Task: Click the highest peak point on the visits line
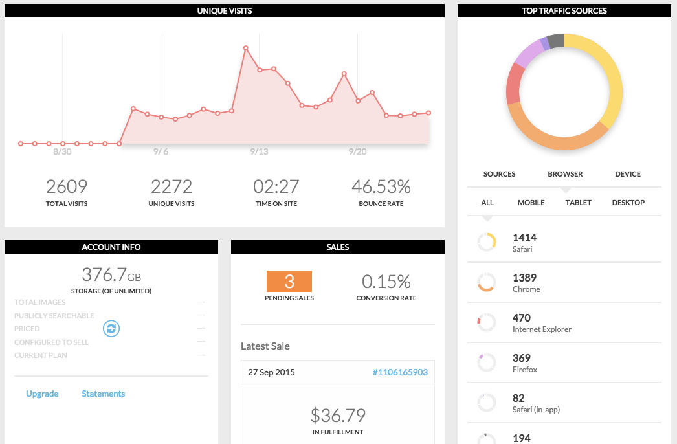[246, 48]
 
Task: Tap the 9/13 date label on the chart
[259, 151]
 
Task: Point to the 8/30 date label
[62, 151]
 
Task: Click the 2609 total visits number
[67, 186]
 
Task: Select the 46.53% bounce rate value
[381, 186]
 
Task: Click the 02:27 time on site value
[276, 186]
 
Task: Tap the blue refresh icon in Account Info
[111, 329]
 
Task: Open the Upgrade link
[42, 394]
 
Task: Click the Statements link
[104, 394]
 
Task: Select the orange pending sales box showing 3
[289, 282]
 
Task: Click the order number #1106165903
[400, 372]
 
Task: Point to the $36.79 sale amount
[338, 414]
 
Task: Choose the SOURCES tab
[500, 174]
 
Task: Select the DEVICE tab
[628, 174]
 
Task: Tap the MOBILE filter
[531, 203]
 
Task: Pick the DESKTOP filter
[628, 203]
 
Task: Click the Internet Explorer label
[542, 329]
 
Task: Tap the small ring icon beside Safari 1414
[487, 243]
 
